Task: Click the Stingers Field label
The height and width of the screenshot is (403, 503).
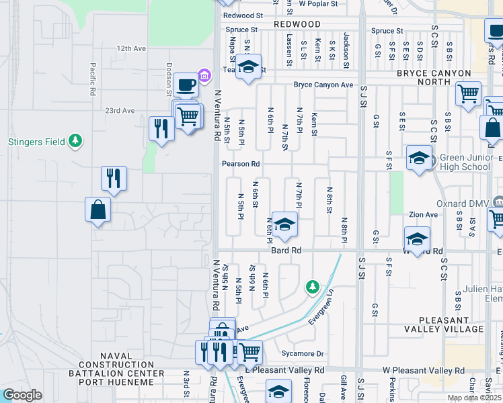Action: [36, 142]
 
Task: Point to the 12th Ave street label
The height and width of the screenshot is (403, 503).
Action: [131, 49]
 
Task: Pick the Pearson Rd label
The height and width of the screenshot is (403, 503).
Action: [241, 164]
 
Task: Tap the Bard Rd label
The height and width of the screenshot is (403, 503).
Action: [285, 250]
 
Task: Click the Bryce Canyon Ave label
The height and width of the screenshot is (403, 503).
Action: [323, 85]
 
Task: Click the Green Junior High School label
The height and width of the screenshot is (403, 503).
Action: [465, 163]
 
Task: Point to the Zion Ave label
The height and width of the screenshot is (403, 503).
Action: [424, 215]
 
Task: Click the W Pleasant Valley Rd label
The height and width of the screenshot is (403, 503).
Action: [424, 370]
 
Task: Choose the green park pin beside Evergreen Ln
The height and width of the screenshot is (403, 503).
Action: [312, 287]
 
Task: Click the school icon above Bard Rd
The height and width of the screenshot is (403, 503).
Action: [285, 225]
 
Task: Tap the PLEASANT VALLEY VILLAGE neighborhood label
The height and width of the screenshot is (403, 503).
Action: [451, 324]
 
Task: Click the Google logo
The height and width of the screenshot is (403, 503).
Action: [22, 395]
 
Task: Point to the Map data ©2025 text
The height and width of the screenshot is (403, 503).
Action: [474, 398]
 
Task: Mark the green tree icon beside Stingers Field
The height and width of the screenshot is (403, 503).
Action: [76, 141]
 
